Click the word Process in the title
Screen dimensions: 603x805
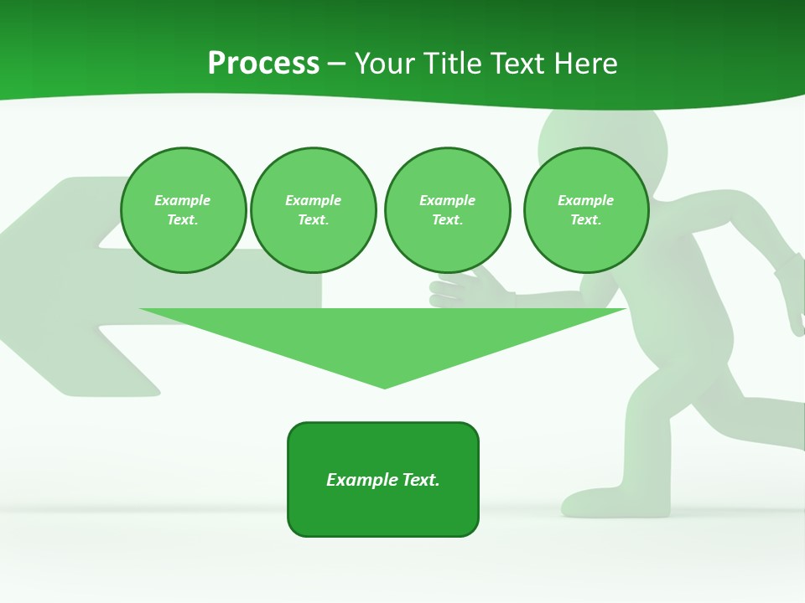(263, 64)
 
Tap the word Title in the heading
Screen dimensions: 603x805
(449, 64)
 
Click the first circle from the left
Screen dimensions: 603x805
(183, 210)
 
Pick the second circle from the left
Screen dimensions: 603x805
(314, 210)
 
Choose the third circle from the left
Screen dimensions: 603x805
(447, 210)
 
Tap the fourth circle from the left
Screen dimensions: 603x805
(586, 210)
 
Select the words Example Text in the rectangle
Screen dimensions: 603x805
(383, 480)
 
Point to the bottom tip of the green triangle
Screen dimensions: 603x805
(384, 386)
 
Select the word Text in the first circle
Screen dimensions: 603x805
(183, 220)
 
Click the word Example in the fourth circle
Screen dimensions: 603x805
(586, 200)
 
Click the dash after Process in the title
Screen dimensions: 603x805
(336, 64)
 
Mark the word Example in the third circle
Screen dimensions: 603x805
(447, 200)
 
